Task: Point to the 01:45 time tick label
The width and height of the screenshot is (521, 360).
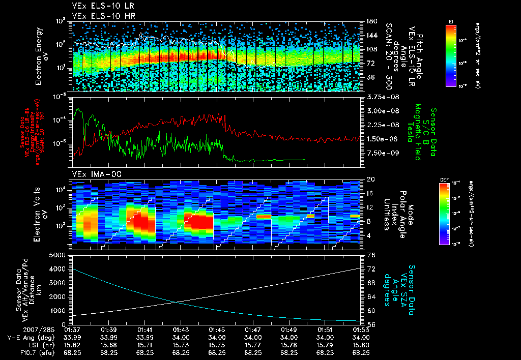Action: [217, 330]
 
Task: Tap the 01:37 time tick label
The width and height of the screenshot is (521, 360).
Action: [73, 330]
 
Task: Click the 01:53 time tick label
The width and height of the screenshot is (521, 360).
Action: [361, 330]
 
